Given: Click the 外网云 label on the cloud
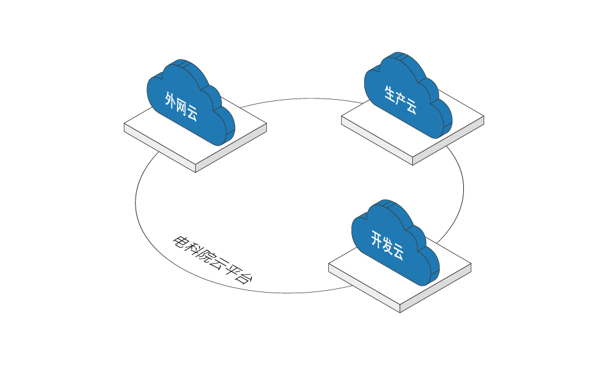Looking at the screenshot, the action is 181,106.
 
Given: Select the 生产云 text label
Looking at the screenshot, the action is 400,100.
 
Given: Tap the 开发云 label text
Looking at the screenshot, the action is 387,245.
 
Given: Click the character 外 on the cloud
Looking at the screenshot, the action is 171,100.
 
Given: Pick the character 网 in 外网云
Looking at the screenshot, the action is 181,106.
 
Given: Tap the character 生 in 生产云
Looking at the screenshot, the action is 390,94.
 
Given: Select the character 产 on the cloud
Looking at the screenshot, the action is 400,100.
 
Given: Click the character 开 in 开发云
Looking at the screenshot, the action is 377,239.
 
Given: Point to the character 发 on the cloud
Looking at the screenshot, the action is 387,245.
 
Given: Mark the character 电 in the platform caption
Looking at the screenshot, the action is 179,242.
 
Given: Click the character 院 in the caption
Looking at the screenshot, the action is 206,255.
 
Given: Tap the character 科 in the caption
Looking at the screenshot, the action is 192,248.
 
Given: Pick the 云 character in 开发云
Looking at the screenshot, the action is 398,252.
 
